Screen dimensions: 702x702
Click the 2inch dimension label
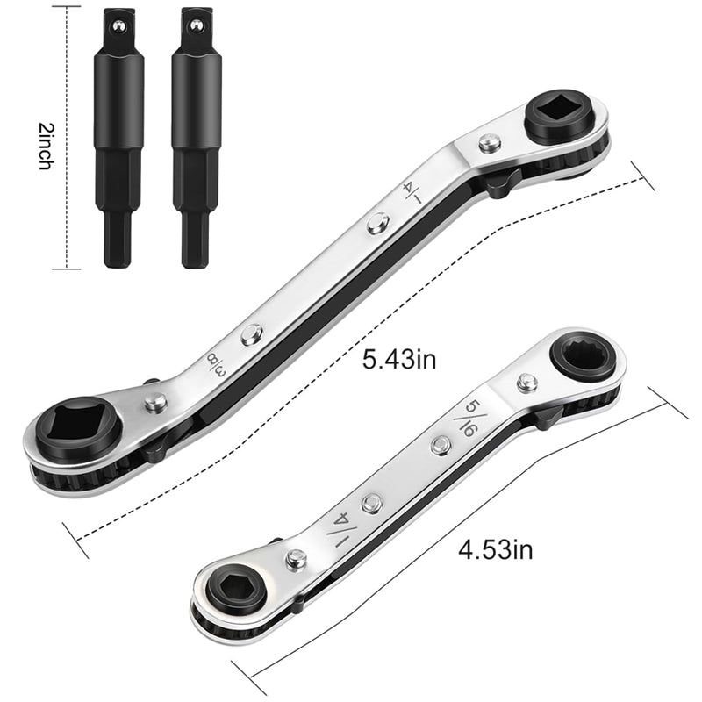(46, 146)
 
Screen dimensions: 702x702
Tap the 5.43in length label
(399, 360)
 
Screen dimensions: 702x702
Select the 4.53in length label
(496, 549)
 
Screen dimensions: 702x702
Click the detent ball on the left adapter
(118, 26)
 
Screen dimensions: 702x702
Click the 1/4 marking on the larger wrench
(412, 192)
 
